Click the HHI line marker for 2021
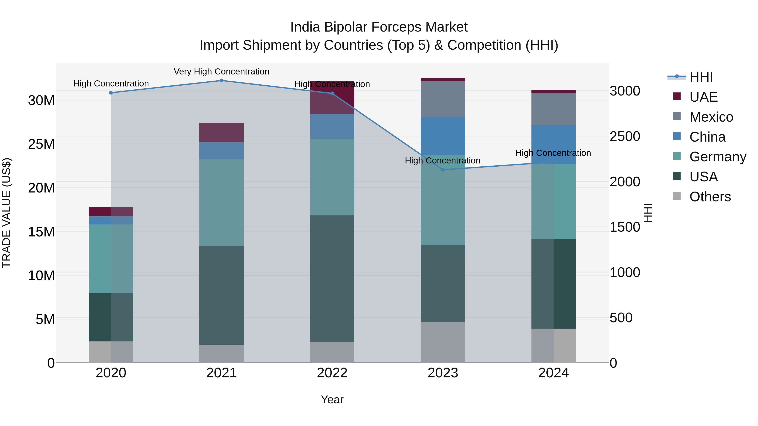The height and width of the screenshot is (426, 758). click(222, 81)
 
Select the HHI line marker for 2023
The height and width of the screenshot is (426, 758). click(443, 170)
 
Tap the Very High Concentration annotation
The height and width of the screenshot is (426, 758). click(222, 72)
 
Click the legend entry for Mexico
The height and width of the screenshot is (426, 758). click(711, 117)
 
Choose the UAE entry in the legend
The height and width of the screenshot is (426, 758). click(703, 97)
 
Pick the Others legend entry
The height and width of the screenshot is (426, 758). click(710, 197)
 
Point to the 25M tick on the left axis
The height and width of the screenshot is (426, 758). click(41, 144)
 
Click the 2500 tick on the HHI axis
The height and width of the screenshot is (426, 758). click(625, 136)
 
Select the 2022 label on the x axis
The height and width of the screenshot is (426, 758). click(332, 373)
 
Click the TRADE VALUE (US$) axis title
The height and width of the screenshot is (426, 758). click(7, 213)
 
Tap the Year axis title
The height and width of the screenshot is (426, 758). click(332, 399)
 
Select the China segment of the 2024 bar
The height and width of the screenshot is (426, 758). click(554, 145)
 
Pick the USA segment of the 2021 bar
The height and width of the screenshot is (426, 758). click(222, 295)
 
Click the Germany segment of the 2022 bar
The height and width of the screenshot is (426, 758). click(332, 177)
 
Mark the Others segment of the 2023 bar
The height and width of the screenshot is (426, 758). click(443, 342)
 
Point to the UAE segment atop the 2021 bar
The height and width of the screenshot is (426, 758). click(222, 132)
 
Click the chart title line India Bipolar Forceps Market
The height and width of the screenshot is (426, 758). click(379, 27)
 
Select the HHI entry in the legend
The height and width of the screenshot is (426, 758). click(701, 77)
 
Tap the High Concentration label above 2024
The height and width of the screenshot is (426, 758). click(553, 153)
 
